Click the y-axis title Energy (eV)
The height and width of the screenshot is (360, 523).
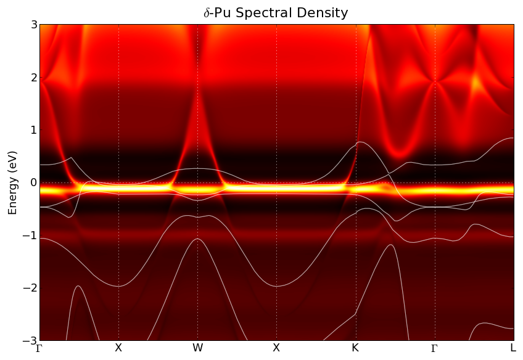pyautogui.click(x=12, y=182)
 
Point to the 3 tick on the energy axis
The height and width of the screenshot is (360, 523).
pyautogui.click(x=34, y=25)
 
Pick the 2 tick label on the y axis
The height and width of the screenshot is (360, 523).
pyautogui.click(x=34, y=78)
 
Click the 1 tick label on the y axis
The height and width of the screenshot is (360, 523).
pyautogui.click(x=34, y=130)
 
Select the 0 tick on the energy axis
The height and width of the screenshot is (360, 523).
pyautogui.click(x=34, y=183)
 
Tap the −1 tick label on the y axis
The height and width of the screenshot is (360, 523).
pyautogui.click(x=31, y=235)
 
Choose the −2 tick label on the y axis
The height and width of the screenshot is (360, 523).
pyautogui.click(x=31, y=288)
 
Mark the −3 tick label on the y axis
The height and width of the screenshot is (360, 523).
pyautogui.click(x=31, y=340)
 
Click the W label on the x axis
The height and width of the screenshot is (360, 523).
pyautogui.click(x=197, y=348)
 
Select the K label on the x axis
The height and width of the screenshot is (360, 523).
pyautogui.click(x=355, y=348)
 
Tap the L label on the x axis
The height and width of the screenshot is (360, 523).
pyautogui.click(x=513, y=348)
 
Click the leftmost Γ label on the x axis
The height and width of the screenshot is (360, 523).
pyautogui.click(x=39, y=348)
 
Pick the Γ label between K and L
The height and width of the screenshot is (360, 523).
pyautogui.click(x=434, y=348)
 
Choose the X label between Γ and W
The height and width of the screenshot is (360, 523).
pyautogui.click(x=118, y=348)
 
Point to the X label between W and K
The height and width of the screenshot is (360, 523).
pyautogui.click(x=276, y=348)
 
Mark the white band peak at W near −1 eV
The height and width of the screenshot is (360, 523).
pyautogui.click(x=197, y=239)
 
